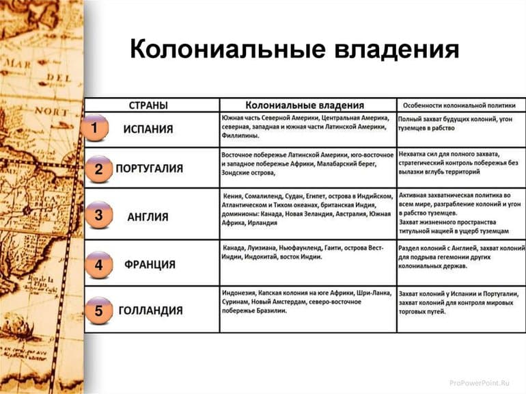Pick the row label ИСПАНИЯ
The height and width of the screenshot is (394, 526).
(x=148, y=129)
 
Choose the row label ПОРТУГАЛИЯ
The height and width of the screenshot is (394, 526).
(x=149, y=168)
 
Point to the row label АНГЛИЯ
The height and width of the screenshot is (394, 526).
(x=148, y=217)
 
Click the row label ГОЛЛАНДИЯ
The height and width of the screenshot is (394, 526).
(x=150, y=311)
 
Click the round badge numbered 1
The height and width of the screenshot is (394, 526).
(x=95, y=128)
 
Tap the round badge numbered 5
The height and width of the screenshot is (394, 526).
(x=98, y=311)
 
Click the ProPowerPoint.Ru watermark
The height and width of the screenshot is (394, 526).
(x=480, y=382)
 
